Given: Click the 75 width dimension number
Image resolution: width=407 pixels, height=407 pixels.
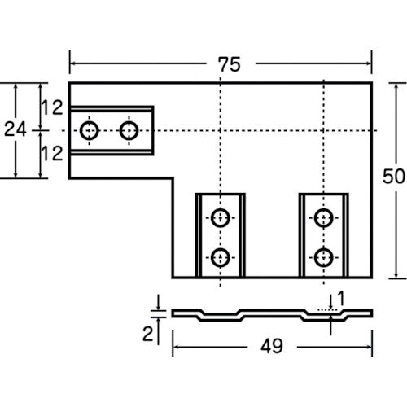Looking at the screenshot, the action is [230, 64].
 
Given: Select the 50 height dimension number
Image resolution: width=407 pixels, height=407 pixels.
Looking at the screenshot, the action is [394, 177].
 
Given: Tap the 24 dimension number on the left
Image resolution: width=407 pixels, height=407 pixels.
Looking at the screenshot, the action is [15, 129].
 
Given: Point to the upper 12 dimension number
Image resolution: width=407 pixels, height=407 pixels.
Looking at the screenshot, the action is [52, 107].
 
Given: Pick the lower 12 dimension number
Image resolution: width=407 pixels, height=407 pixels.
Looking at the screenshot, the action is [52, 154].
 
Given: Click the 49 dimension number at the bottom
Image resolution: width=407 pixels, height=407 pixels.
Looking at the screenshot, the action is [272, 346].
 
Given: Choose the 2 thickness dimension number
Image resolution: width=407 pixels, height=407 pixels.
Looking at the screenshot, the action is [148, 334].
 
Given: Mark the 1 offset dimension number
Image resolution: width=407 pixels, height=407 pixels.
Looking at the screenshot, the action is [341, 298].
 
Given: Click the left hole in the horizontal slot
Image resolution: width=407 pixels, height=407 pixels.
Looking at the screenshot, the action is [90, 131].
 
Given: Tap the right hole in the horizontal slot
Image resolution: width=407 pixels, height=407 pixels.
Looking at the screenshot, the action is [129, 131].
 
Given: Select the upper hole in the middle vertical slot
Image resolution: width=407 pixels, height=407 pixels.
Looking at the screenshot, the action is [221, 218].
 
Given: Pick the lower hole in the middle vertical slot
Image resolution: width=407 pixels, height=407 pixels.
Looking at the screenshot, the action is [221, 257].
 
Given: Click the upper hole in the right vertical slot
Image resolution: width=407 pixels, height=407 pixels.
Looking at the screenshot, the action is [323, 218].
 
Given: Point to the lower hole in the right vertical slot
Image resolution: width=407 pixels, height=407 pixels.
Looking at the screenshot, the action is [323, 257].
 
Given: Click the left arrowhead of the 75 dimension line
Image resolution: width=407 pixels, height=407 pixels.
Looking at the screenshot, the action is [72, 63].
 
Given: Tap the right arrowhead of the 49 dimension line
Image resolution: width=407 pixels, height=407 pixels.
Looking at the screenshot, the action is [369, 347].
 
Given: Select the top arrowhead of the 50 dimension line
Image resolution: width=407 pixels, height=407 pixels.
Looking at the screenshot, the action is [396, 85].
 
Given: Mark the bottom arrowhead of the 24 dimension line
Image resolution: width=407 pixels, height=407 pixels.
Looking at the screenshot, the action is [15, 175].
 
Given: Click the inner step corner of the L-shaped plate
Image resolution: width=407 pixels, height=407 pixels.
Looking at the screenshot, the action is [173, 178].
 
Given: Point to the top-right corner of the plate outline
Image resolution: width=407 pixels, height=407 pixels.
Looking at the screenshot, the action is [371, 82].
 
